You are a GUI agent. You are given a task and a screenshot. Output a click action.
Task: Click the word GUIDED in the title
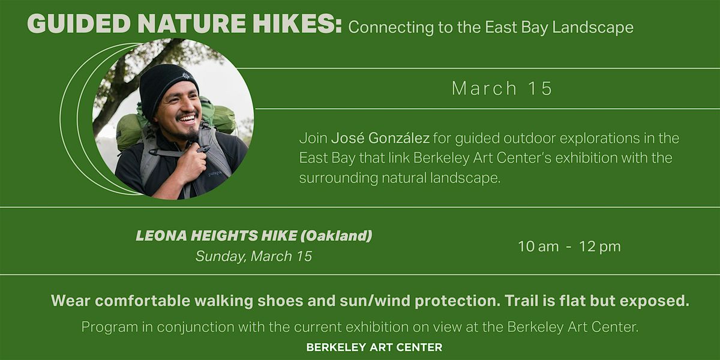(x=79, y=24)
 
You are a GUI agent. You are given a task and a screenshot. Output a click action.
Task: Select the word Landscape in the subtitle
(x=593, y=28)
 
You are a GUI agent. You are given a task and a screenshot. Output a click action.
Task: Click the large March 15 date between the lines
(x=502, y=88)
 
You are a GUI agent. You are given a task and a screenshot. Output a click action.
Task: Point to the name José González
(x=380, y=138)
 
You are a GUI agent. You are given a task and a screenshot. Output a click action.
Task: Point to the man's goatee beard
(x=190, y=134)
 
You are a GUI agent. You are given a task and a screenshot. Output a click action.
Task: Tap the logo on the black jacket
(x=215, y=173)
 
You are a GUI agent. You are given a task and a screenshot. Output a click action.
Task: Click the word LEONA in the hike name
(x=161, y=236)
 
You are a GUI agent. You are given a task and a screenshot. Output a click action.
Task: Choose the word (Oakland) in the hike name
(x=336, y=236)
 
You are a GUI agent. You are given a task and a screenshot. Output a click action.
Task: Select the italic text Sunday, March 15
(x=254, y=256)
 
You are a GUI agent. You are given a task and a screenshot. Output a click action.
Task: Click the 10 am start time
(x=538, y=247)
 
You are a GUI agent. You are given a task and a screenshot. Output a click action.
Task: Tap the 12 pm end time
(x=600, y=247)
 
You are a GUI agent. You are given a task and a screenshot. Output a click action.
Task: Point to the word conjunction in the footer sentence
(x=196, y=327)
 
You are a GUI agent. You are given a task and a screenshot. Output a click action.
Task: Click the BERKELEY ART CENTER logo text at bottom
(x=374, y=347)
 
